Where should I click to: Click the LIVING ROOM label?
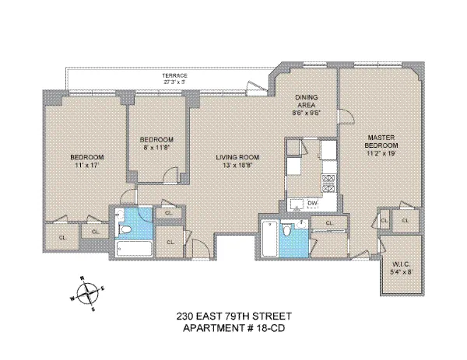click(x=237, y=158)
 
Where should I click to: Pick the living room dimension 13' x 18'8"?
click(x=237, y=166)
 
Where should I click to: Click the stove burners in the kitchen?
click(x=328, y=183)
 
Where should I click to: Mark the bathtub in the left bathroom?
click(x=132, y=248)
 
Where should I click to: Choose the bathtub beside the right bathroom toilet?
click(x=269, y=240)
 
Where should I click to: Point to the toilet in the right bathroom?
click(x=289, y=232)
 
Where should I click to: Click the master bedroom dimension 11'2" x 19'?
click(x=382, y=154)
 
